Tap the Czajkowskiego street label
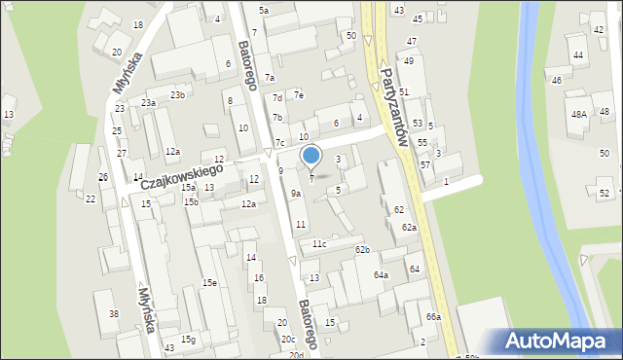[x=180, y=176]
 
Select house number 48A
[x=578, y=114]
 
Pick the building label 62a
[x=409, y=227]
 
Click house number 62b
[x=362, y=250]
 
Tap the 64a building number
[x=381, y=275]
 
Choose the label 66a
[x=433, y=317]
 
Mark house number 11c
[x=318, y=243]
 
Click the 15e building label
[x=209, y=282]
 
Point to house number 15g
[x=187, y=339]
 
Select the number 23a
[x=148, y=102]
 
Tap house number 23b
[x=177, y=94]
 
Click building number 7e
[x=299, y=94]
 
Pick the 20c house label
[x=288, y=339]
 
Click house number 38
[x=113, y=313]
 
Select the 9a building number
[x=295, y=193]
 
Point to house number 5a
[x=263, y=10]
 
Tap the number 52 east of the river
[x=604, y=193]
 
